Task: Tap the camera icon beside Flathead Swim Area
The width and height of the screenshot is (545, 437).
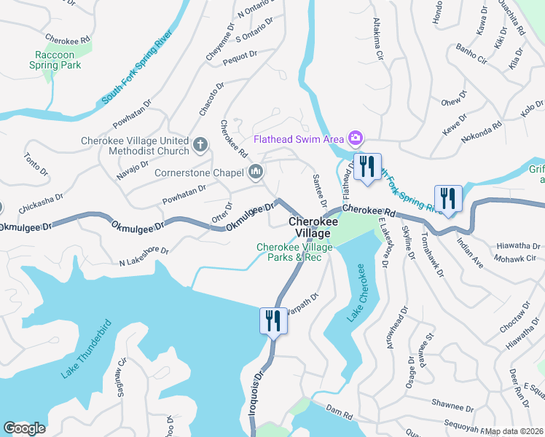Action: pos(355,138)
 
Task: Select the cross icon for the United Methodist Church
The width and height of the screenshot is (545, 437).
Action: pos(200,145)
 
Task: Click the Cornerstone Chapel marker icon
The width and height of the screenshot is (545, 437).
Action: pos(255,173)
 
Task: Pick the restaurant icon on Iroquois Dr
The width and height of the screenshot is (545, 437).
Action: pos(272,320)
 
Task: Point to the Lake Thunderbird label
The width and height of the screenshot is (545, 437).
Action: pos(86,349)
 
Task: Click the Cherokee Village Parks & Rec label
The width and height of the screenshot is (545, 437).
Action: pos(294,252)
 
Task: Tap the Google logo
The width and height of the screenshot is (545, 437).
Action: pos(24,428)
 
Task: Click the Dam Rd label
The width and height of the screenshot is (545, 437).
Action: pos(339,412)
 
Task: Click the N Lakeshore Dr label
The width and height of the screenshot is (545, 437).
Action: pos(144,256)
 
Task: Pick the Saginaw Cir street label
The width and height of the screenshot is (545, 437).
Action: pos(121,376)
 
